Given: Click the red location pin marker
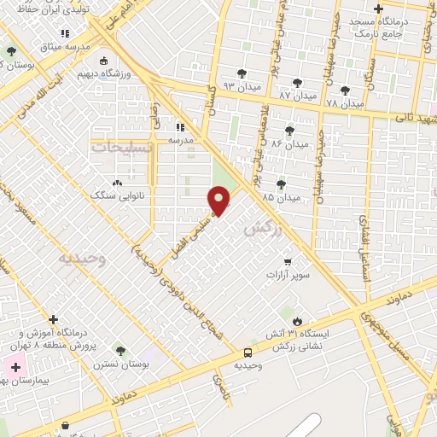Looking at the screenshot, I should (220, 201).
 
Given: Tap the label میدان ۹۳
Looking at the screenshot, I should (241, 87).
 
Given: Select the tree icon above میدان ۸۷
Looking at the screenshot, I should (297, 83).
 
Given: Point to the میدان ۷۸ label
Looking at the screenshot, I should (345, 104).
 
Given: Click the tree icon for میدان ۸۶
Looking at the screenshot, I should (289, 131).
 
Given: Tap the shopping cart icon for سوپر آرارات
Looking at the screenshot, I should (288, 261).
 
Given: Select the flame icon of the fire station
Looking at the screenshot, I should (298, 320).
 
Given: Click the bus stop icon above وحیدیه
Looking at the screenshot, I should (248, 352).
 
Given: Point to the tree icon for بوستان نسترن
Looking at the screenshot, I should (119, 350).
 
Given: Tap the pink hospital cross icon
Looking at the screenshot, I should (15, 366).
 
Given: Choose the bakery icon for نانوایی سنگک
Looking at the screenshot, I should (117, 183).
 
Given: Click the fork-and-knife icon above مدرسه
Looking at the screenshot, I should (179, 126).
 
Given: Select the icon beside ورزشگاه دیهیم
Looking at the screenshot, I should (104, 61).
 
